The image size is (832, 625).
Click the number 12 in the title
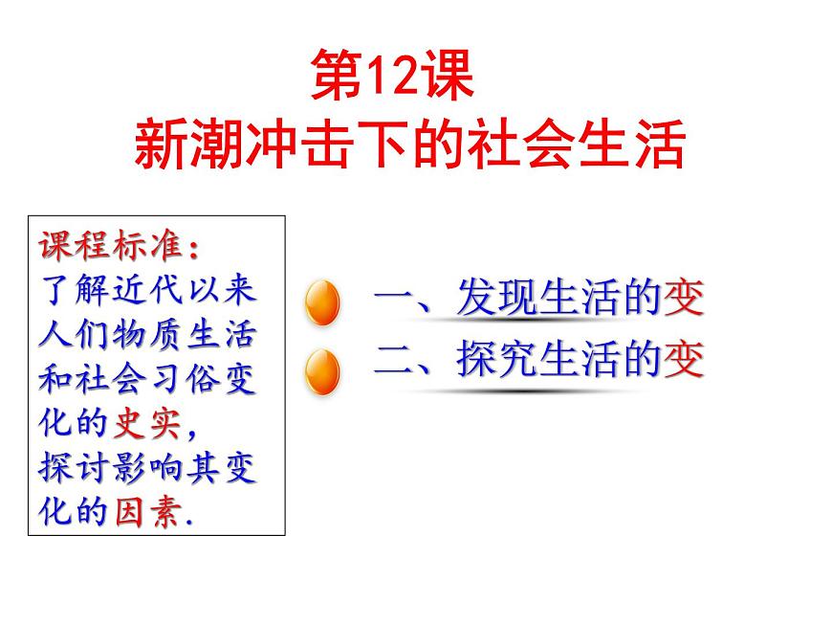point(386,77)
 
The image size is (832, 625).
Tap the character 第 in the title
point(336,77)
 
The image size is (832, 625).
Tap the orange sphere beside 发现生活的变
point(322,304)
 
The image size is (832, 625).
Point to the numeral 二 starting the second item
point(395,361)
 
